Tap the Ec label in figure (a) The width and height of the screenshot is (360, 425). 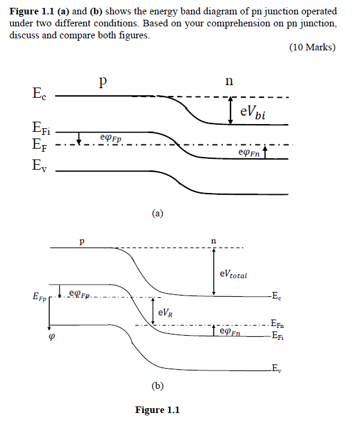[38, 94]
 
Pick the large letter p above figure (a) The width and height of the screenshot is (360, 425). [104, 83]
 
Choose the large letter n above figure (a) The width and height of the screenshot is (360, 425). [229, 80]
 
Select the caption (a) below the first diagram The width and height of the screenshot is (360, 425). [158, 213]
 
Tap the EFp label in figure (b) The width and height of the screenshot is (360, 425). [37, 296]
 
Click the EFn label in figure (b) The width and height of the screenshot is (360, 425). [277, 325]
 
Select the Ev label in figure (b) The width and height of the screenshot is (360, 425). [276, 368]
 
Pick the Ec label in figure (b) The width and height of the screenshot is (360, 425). [276, 296]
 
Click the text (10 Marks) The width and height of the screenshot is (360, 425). [312, 47]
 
